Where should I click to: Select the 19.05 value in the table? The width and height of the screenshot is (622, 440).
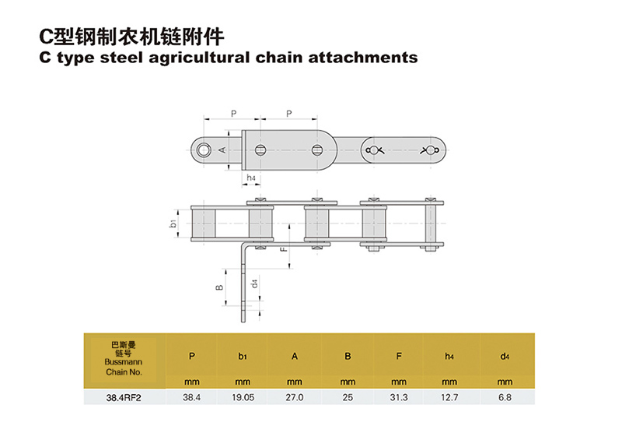click(x=243, y=397)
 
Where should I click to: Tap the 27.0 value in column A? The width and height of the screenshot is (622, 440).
click(x=295, y=397)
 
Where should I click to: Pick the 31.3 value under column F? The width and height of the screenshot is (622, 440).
click(x=398, y=397)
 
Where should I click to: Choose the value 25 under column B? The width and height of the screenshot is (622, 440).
click(x=348, y=397)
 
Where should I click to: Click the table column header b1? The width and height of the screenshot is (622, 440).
click(x=243, y=357)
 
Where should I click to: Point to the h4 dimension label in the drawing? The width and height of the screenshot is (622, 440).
click(x=251, y=178)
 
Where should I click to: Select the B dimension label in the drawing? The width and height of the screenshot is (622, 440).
click(x=220, y=287)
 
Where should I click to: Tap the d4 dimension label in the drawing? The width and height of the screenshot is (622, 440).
click(x=255, y=282)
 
